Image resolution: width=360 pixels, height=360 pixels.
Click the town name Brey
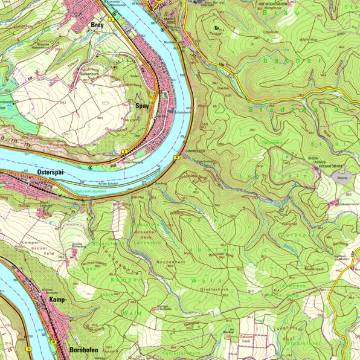pyautogui.click(x=97, y=25)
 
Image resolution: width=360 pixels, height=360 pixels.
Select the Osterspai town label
pyautogui.click(x=51, y=172)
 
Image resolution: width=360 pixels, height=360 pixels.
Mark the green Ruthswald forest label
pyautogui.click(x=272, y=143)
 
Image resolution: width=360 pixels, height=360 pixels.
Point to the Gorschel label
pyautogui.click(x=289, y=223)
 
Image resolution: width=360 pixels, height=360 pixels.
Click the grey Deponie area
pyautogui.click(x=342, y=178)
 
